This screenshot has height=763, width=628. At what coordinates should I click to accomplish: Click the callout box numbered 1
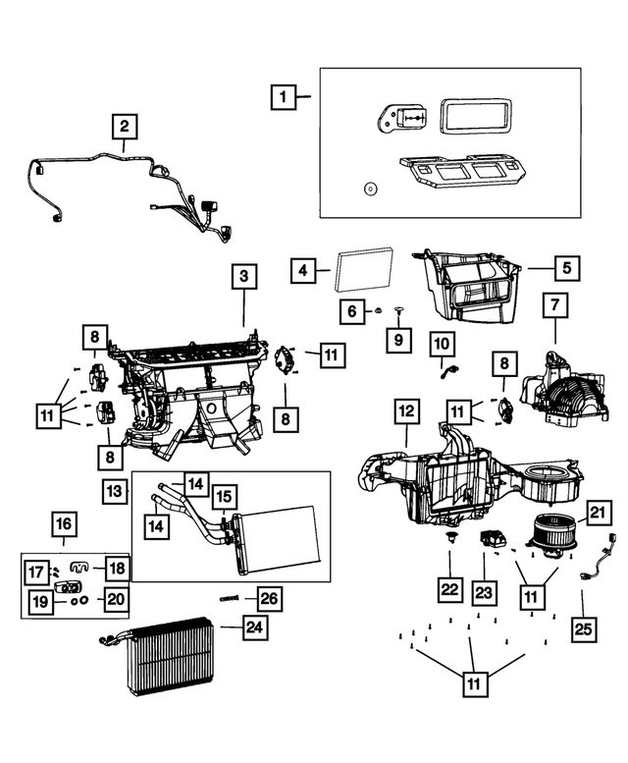(283, 97)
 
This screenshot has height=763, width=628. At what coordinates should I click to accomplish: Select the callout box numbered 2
(125, 127)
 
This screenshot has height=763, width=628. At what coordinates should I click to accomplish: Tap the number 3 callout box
(243, 277)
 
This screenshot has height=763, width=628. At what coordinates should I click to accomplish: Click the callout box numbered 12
(405, 410)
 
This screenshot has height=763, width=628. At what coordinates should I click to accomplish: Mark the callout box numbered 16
(64, 523)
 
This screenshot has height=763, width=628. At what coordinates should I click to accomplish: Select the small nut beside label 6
(377, 311)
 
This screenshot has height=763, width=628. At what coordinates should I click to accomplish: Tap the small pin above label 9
(400, 310)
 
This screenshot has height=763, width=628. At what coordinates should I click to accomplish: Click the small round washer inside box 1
(370, 189)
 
